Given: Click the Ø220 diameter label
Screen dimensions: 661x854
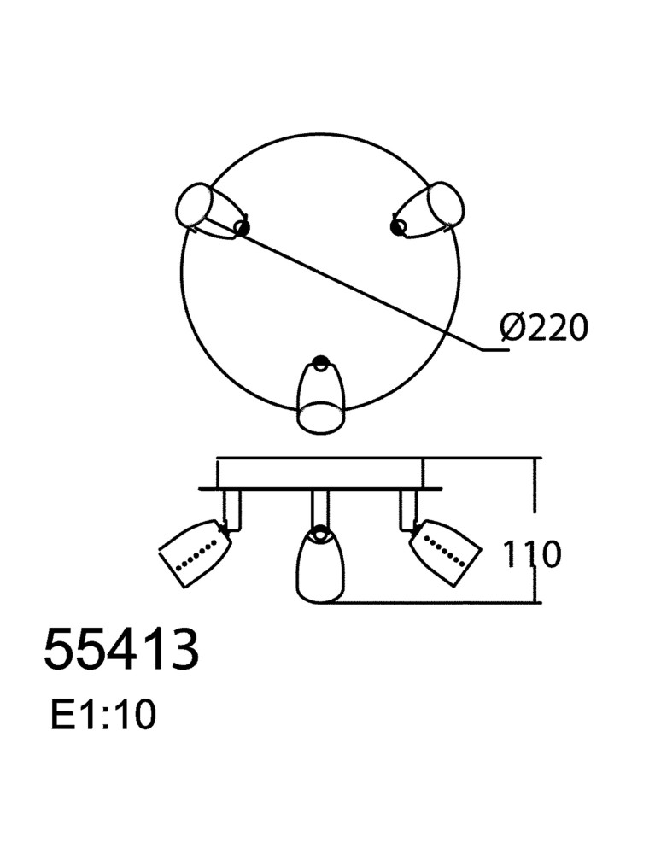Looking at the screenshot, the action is click(544, 328).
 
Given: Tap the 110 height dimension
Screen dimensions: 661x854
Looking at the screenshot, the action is click(531, 554).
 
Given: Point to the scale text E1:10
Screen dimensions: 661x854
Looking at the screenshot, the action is click(102, 715).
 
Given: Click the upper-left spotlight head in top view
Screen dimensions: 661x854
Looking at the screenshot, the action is click(209, 213).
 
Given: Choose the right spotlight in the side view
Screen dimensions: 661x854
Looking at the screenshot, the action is click(445, 551).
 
